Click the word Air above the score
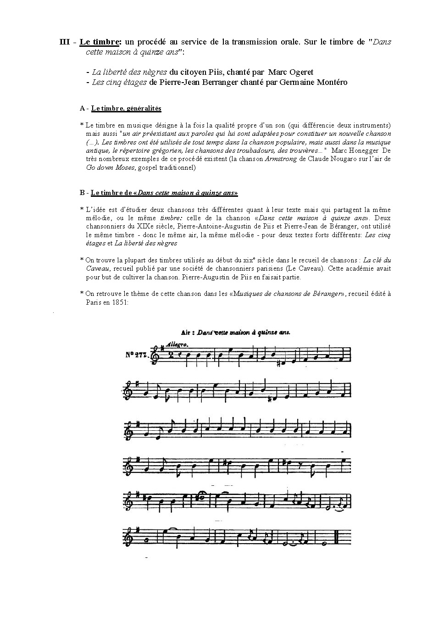pyautogui.click(x=185, y=332)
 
